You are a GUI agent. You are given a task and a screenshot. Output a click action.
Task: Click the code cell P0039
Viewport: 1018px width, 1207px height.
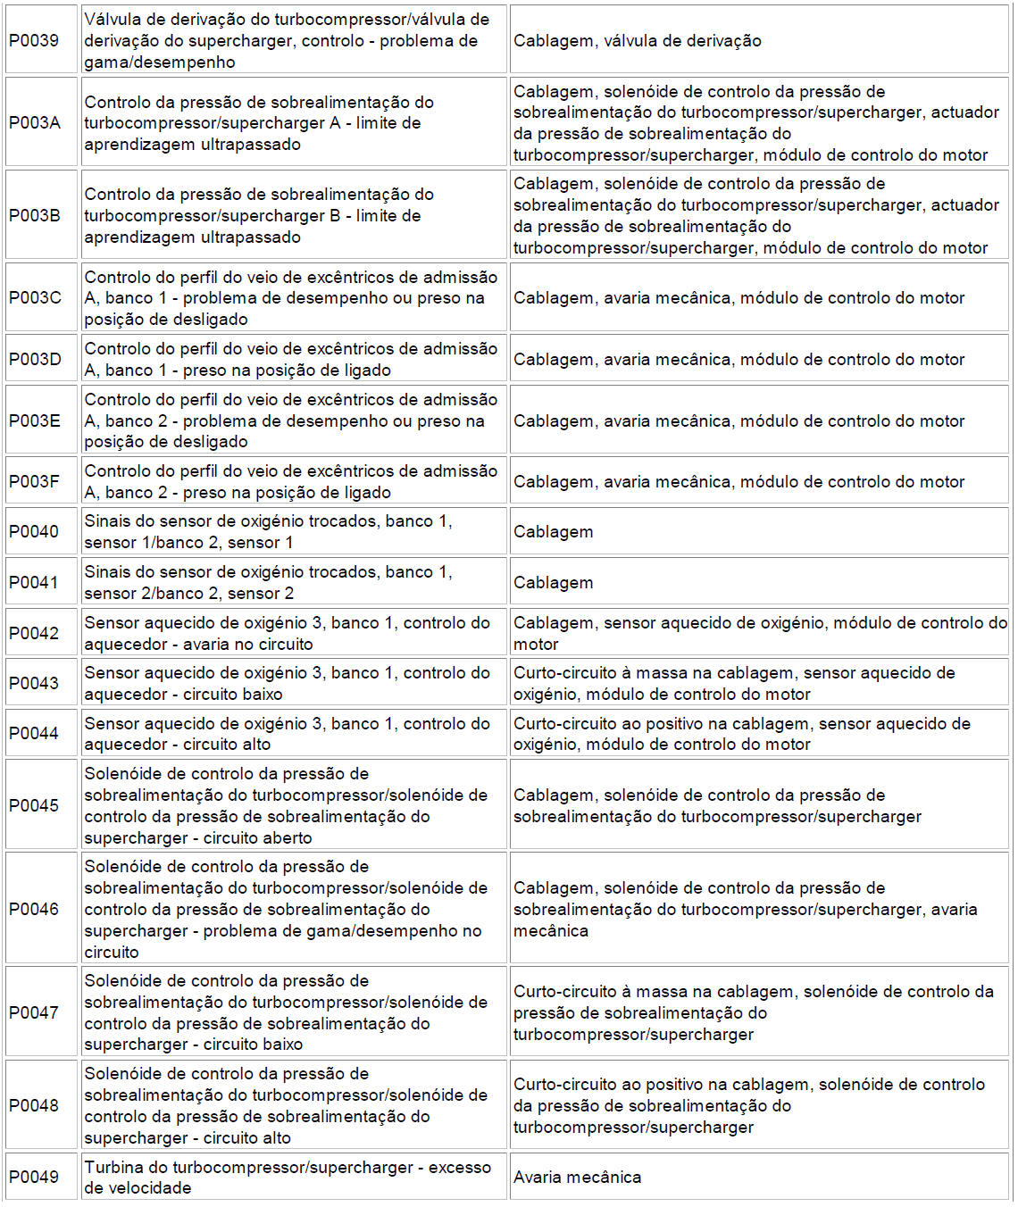(x=34, y=41)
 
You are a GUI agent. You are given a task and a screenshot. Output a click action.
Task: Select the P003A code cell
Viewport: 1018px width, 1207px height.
(x=35, y=123)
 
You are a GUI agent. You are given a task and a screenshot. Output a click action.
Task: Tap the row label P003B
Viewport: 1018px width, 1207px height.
(x=35, y=216)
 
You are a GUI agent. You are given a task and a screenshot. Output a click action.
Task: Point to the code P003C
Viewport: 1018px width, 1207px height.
(x=35, y=298)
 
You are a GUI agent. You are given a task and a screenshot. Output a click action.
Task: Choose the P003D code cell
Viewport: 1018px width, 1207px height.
(x=35, y=360)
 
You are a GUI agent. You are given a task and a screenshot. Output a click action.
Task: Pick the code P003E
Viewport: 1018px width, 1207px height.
(x=35, y=421)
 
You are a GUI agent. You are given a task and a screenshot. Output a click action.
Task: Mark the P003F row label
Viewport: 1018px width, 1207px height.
(x=34, y=482)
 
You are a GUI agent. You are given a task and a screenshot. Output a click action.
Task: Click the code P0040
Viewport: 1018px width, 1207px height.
(x=34, y=532)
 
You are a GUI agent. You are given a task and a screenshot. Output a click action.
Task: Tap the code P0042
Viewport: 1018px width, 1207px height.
(x=34, y=634)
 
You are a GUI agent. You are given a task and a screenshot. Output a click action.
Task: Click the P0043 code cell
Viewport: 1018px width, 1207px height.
(x=34, y=684)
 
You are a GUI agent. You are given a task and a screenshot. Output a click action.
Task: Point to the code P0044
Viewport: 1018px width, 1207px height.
(x=34, y=734)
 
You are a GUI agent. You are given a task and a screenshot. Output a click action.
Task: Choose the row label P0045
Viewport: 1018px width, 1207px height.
(x=34, y=806)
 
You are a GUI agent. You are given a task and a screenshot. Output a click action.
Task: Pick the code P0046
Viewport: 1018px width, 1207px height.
(x=34, y=910)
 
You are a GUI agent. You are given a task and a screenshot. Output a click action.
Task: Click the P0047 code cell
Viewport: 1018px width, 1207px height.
(x=34, y=1013)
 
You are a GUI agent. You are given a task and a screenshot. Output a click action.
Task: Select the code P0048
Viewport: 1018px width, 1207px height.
(x=34, y=1106)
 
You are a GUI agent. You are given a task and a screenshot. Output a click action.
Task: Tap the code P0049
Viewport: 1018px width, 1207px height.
(x=34, y=1178)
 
